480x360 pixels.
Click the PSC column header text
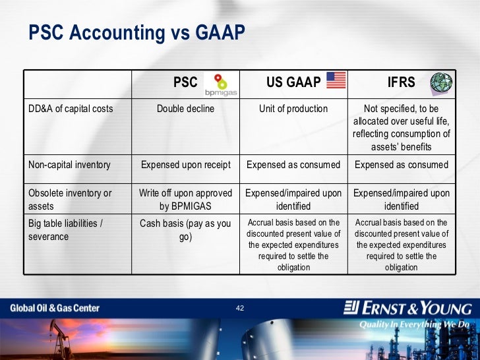(x=185, y=82)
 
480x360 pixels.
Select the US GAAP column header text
(x=293, y=82)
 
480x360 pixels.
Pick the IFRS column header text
(x=401, y=82)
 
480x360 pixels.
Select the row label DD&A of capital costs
(x=71, y=109)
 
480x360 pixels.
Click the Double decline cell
(x=185, y=109)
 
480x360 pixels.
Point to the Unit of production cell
(x=293, y=109)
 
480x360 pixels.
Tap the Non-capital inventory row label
(x=69, y=165)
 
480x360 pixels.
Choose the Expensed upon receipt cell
(x=185, y=165)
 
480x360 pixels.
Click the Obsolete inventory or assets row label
(x=70, y=199)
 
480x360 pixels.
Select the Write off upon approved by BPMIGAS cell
(x=185, y=199)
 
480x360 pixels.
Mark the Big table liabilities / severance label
(x=65, y=229)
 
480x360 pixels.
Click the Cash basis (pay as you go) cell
(x=185, y=229)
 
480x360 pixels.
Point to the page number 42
(x=240, y=308)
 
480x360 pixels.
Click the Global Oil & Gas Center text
(x=55, y=308)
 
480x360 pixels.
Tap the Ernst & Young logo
(x=408, y=308)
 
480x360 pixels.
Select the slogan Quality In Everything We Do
(x=414, y=324)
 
